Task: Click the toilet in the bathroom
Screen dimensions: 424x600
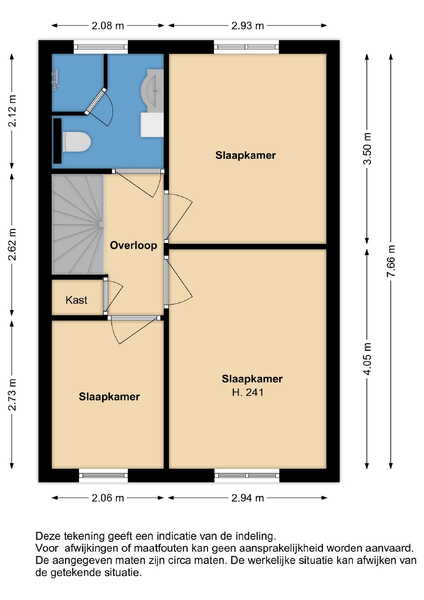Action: (x=77, y=142)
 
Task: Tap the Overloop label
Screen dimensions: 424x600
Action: (x=134, y=245)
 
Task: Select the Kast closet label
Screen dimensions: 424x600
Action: (x=77, y=300)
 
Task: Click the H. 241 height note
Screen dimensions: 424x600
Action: (x=248, y=392)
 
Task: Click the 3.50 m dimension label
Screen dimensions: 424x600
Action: (x=367, y=148)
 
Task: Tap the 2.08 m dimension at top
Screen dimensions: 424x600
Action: (x=108, y=26)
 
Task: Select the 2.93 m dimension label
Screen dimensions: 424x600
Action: (x=248, y=26)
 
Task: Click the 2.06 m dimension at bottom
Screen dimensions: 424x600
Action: (x=108, y=498)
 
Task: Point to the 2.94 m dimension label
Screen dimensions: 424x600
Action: (x=248, y=498)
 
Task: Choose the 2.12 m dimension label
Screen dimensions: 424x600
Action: (x=12, y=111)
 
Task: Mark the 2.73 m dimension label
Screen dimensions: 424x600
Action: (x=12, y=395)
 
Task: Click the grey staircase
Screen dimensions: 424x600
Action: (x=78, y=224)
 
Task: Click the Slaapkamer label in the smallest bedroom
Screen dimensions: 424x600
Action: (x=109, y=396)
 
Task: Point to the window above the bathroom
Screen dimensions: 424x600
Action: (x=101, y=47)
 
